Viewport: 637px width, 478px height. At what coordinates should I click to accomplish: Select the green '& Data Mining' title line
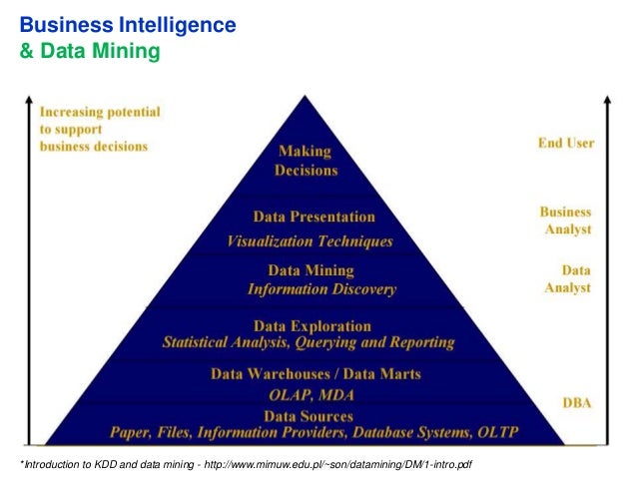(90, 47)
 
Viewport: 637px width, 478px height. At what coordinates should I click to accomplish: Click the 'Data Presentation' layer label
(314, 217)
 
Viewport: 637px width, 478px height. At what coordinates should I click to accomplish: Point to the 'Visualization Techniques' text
(310, 240)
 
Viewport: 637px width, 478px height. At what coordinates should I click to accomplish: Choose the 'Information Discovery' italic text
(321, 289)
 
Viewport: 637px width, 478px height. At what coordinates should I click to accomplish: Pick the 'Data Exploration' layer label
(313, 325)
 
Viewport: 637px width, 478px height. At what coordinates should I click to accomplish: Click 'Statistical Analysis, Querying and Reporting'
(309, 342)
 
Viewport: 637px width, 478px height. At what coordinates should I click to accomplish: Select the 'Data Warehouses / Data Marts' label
(316, 374)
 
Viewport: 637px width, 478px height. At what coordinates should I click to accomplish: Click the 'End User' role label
(566, 143)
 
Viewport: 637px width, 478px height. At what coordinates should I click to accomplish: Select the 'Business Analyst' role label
(566, 221)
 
